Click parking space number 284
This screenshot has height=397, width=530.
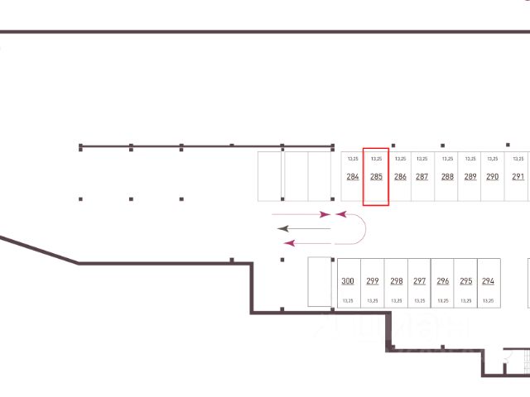pos(353,177)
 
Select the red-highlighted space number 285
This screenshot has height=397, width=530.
pos(376,177)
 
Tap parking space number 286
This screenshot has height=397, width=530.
pos(400,177)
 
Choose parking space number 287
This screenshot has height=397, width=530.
pos(422,177)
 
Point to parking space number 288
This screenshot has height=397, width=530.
pos(447,177)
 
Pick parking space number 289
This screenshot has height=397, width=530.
pos(470,177)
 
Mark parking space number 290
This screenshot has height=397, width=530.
pos(492,177)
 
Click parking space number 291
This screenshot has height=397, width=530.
pos(518,177)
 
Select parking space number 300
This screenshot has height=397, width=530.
pos(348,281)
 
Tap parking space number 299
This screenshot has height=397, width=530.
pos(373,281)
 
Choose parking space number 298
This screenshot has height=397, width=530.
pos(397,281)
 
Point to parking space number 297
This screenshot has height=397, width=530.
pos(420,281)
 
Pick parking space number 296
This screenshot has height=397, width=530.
pos(443,281)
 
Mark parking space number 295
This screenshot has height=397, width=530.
pos(466,281)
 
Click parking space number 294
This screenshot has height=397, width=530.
pos(488,281)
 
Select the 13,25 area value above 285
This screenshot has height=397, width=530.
pos(376,158)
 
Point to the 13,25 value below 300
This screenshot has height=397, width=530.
pos(348,300)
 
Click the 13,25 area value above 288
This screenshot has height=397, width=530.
pos(447,158)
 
